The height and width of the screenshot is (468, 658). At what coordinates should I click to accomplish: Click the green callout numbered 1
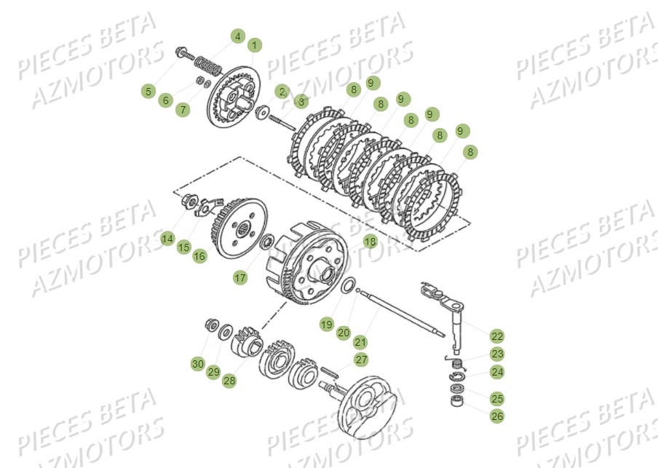click(x=254, y=45)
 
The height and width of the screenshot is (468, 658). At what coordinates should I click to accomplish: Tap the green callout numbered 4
click(x=238, y=36)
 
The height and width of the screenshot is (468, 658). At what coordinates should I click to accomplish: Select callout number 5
click(x=148, y=91)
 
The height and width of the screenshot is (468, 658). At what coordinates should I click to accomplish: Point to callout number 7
click(x=183, y=109)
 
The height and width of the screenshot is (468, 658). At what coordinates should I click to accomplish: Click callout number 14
click(x=168, y=238)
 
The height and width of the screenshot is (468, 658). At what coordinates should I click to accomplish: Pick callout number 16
click(x=199, y=255)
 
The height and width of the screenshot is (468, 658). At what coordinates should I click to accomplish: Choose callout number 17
click(x=239, y=277)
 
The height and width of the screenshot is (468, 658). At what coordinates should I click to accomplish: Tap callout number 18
click(x=370, y=242)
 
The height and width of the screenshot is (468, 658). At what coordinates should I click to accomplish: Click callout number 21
click(x=360, y=341)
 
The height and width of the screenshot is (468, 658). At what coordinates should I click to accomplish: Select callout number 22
click(x=496, y=336)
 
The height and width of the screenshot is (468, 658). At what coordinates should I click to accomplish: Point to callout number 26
click(x=496, y=416)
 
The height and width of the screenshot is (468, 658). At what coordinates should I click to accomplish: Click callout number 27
click(x=361, y=360)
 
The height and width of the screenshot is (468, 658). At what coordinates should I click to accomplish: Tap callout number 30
click(x=198, y=363)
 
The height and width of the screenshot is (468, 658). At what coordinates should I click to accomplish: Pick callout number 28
click(x=229, y=380)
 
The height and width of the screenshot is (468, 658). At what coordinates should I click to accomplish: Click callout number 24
click(x=496, y=372)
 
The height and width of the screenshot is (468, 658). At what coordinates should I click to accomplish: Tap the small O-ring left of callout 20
click(x=349, y=285)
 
